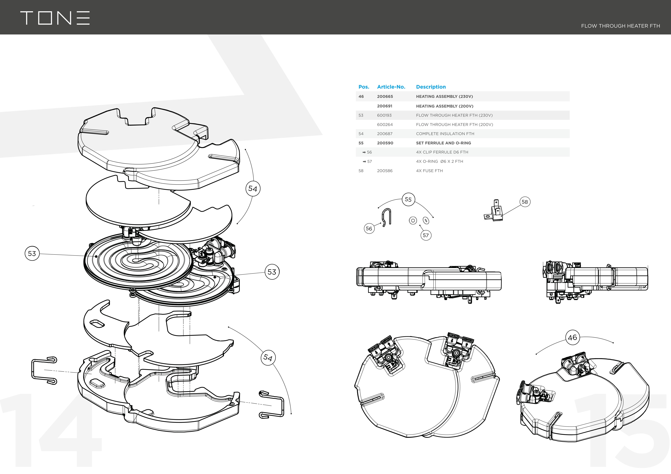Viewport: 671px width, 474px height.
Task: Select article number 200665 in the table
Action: point(385,96)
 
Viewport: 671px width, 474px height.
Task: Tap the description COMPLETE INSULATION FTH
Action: point(445,134)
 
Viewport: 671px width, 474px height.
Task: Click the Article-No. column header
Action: point(391,87)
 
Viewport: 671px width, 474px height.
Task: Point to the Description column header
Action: point(431,87)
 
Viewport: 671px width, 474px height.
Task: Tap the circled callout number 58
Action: point(525,202)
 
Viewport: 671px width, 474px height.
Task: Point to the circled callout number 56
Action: point(369,228)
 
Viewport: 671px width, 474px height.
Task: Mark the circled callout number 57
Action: point(425,235)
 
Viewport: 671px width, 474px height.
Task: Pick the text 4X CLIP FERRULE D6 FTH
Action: point(442,152)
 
